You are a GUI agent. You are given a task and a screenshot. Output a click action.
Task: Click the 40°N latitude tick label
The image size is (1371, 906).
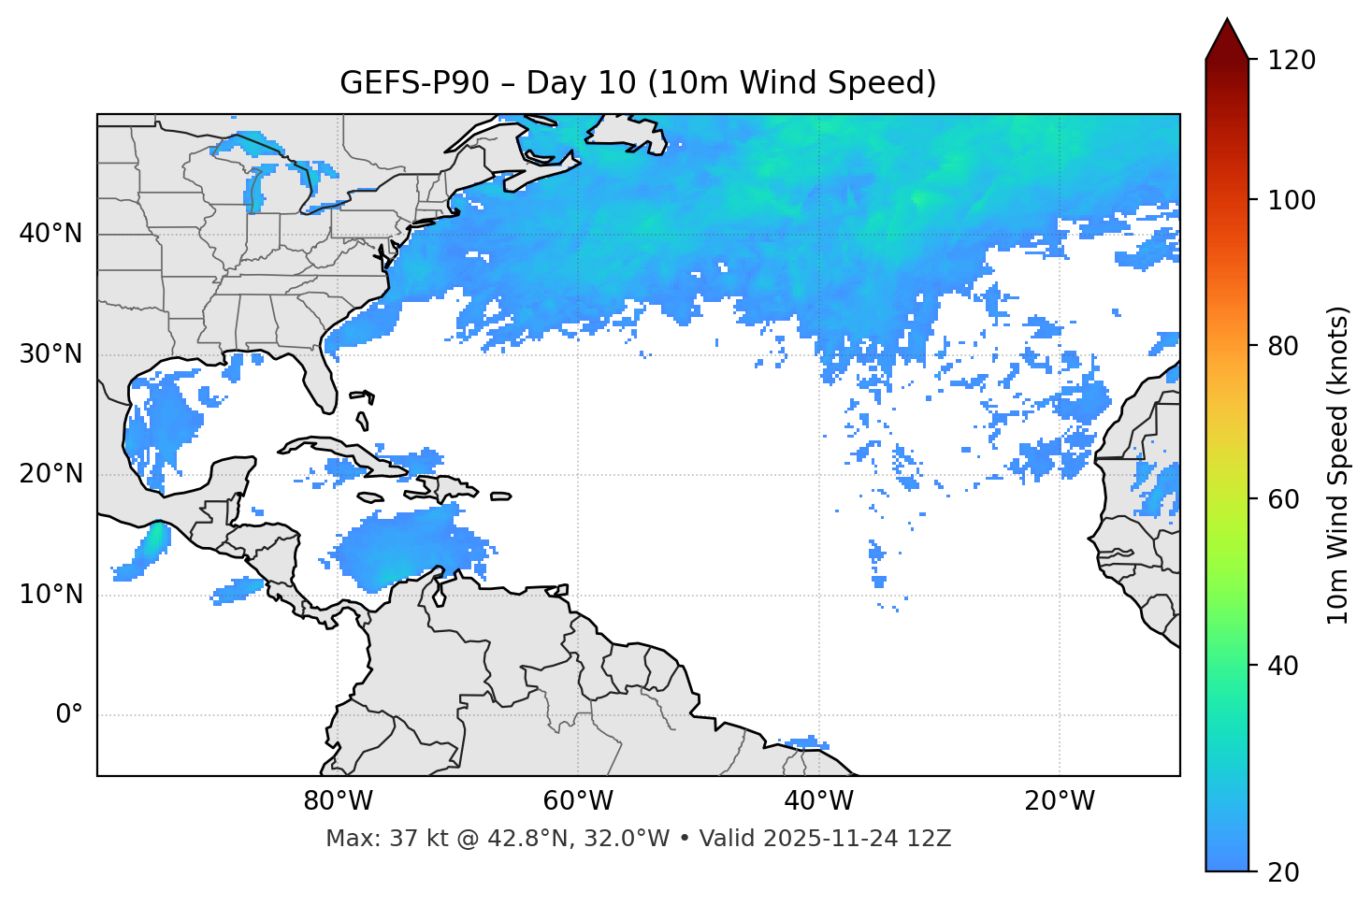(x=51, y=234)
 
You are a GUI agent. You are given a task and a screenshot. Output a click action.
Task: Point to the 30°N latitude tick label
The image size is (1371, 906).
(x=51, y=354)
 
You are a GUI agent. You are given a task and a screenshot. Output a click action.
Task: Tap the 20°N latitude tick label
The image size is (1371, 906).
(x=51, y=474)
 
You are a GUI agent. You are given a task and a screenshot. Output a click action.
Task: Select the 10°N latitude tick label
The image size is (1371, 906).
(x=51, y=595)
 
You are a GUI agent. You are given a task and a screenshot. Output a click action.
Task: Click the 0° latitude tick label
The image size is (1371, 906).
(x=69, y=715)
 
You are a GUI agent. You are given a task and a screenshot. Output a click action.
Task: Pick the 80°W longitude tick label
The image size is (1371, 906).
(x=338, y=801)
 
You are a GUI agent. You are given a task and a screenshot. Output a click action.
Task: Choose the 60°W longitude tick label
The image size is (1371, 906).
(x=578, y=801)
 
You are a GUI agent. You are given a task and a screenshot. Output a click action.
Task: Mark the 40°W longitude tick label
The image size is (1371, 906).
(x=818, y=801)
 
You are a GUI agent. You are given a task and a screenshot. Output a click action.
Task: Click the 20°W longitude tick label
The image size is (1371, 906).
(x=1059, y=801)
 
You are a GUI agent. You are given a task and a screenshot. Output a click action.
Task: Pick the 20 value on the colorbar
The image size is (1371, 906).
(x=1283, y=872)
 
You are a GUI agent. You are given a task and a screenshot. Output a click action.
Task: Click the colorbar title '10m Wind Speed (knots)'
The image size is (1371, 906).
(x=1338, y=465)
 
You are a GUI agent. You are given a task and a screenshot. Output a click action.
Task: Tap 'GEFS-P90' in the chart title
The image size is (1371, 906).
(x=414, y=83)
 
